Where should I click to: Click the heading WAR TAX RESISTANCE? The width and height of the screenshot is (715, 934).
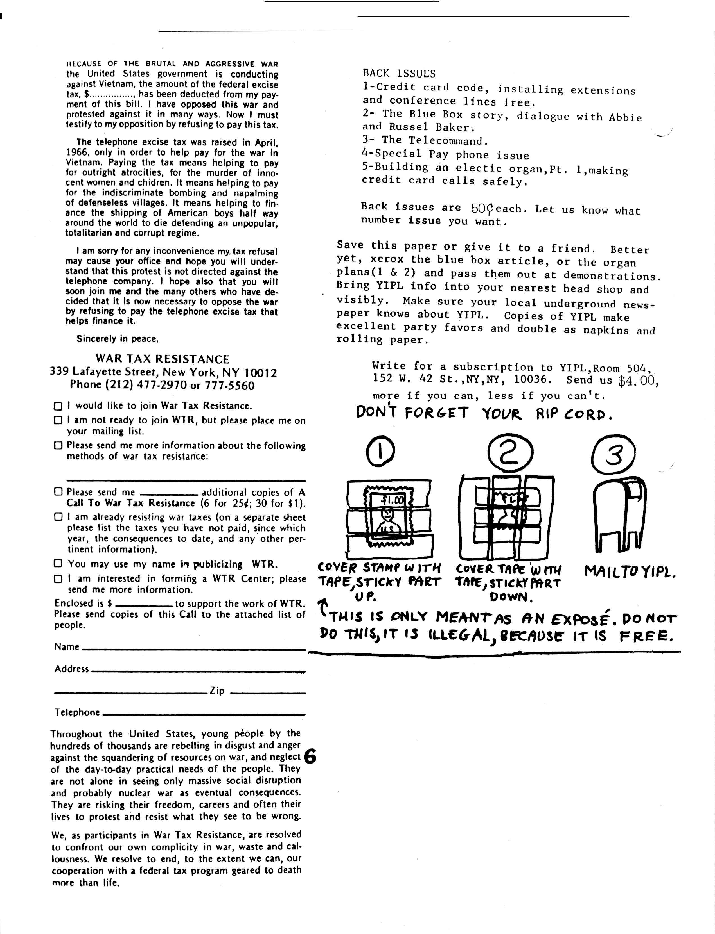pyautogui.click(x=163, y=359)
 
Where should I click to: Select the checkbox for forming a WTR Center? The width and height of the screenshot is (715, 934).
pyautogui.click(x=58, y=579)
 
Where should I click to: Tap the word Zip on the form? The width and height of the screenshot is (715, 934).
pyautogui.click(x=217, y=691)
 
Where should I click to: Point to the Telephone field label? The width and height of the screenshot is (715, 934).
pyautogui.click(x=77, y=712)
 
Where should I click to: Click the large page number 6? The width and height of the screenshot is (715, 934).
pyautogui.click(x=311, y=757)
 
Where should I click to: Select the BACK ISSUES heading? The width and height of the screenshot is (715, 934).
pyautogui.click(x=399, y=74)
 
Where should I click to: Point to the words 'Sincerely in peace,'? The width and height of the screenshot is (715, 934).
pyautogui.click(x=118, y=339)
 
